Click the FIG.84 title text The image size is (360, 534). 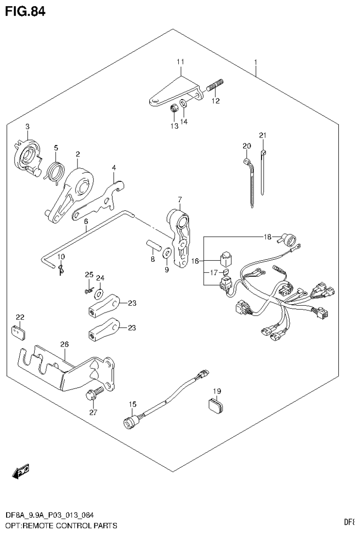(x=25, y=11)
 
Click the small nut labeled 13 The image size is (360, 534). (x=173, y=109)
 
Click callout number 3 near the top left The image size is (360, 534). (x=27, y=126)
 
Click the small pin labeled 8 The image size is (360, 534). (x=153, y=246)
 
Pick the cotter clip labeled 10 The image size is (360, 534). (x=61, y=269)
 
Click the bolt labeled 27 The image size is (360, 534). (x=92, y=395)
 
